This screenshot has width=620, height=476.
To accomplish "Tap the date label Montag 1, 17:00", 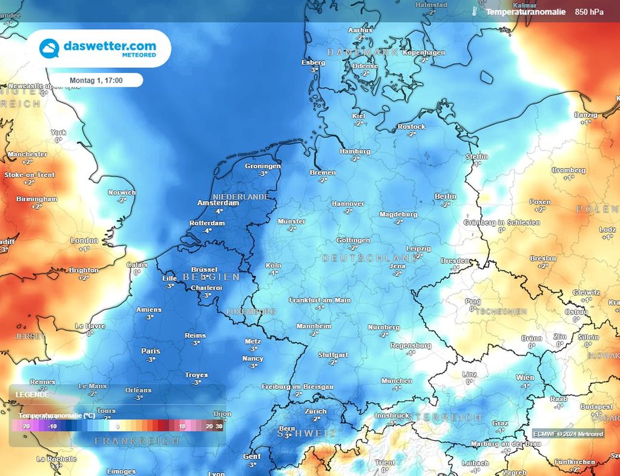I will pos(96,80).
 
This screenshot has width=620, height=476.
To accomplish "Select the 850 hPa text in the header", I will pos(590,12).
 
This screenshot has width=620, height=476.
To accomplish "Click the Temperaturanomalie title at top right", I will pos(526,12).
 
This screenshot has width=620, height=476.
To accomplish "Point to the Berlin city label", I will pos(445,196).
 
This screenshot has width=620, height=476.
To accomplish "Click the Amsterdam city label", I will pos(218,203).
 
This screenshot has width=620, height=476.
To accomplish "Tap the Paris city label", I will pos(151,351).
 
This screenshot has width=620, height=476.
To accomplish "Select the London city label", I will pos(84,241).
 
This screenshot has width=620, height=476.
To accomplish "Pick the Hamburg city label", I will pos(355,152).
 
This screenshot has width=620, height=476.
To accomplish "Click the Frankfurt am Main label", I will pos(320,300).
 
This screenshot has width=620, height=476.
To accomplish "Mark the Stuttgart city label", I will pos(332,355).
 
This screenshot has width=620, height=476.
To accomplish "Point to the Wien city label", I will pos(525,378).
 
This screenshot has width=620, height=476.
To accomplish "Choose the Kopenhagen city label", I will pos(424,53).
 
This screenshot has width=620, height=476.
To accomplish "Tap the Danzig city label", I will pos(585,115).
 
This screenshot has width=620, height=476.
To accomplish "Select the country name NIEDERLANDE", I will pos(240,197).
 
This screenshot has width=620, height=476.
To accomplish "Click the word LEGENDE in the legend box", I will pos(33,394).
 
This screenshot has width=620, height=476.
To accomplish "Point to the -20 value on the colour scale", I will pos(26,426).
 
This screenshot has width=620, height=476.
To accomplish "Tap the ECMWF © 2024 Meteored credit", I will pos(568,434).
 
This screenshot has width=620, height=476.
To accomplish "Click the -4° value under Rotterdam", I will pos(207,230).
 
